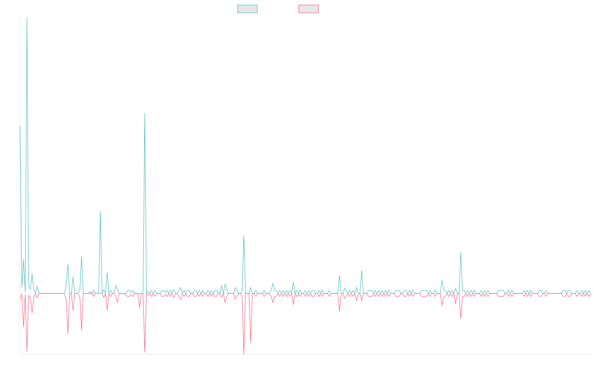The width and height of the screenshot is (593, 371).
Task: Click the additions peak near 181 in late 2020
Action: (145, 113)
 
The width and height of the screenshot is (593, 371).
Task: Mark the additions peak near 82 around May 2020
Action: (100, 212)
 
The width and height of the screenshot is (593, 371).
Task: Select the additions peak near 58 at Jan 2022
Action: (244, 235)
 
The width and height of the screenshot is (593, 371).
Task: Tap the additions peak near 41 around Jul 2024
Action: (461, 253)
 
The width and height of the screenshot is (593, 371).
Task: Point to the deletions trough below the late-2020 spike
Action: (145, 352)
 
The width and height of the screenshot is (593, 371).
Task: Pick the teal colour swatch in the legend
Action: (248, 9)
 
